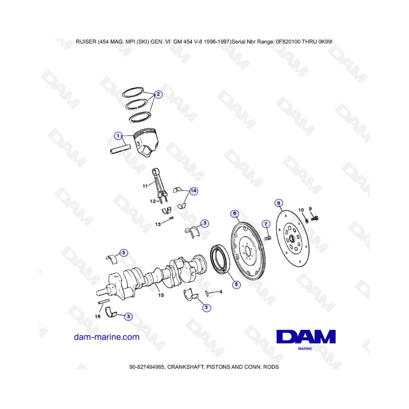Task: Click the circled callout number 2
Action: (158, 94)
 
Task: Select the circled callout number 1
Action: (119, 135)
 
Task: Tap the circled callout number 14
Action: (193, 191)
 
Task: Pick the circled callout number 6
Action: (235, 214)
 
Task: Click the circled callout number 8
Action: (279, 203)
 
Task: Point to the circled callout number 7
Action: (266, 224)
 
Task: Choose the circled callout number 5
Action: (236, 284)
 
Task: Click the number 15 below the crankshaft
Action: (161, 295)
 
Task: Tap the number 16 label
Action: (98, 316)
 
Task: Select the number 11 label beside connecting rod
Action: (145, 186)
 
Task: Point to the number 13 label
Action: (158, 224)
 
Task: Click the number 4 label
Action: (221, 292)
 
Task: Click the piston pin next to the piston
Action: (120, 150)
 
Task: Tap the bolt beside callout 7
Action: (268, 238)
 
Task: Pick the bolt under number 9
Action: (315, 218)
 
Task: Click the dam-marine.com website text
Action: (107, 337)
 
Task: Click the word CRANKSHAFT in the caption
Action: (185, 367)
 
